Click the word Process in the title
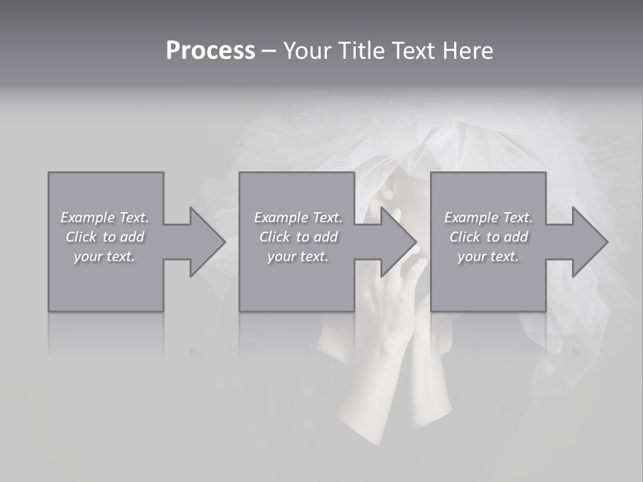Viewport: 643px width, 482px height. click(x=210, y=51)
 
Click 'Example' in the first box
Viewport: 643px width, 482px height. click(x=88, y=218)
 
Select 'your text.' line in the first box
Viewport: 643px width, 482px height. click(x=104, y=256)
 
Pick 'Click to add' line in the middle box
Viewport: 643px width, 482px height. click(x=298, y=237)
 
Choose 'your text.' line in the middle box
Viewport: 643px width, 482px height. click(x=297, y=256)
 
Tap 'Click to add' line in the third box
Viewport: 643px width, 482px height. click(x=488, y=237)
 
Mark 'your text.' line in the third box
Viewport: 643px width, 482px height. click(x=488, y=256)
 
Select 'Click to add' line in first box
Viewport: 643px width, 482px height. click(x=105, y=237)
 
